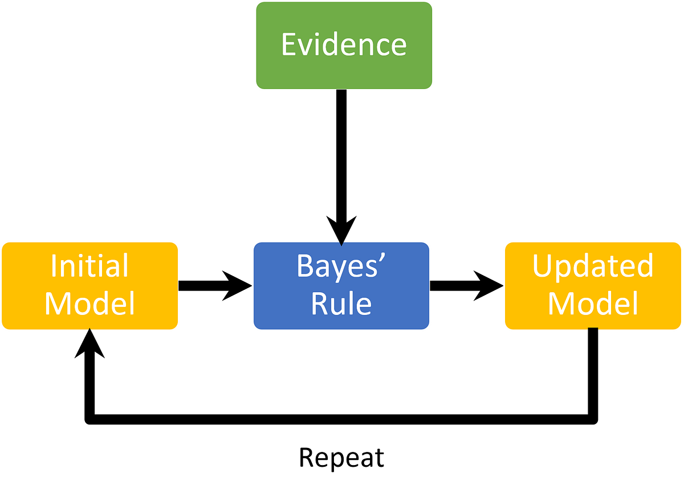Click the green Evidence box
pos(344,46)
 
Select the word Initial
pos(89,266)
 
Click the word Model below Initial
pos(89,304)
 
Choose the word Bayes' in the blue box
pos(341,266)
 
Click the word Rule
pos(341,304)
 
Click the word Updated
pos(593,266)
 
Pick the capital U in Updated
pos(543,266)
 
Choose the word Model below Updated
pos(593,304)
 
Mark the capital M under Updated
pos(560,304)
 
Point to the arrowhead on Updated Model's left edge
pos(503,286)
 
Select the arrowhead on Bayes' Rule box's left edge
pos(251,286)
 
